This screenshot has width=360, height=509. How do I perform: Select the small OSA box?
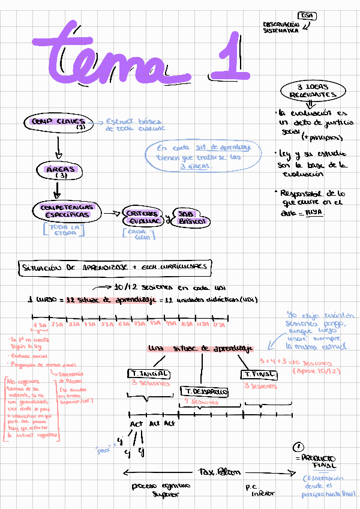(x=307, y=16)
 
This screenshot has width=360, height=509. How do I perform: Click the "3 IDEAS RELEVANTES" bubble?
(x=313, y=91)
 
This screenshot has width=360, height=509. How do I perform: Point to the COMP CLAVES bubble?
(x=58, y=123)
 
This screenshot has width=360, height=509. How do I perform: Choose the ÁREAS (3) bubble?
(x=59, y=172)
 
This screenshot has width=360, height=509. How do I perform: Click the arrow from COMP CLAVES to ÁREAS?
(x=58, y=147)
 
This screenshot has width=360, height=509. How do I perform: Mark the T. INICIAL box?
(x=149, y=373)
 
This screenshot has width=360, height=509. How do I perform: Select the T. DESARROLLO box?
(x=204, y=392)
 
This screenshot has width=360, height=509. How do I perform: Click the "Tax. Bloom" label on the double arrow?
(x=215, y=471)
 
